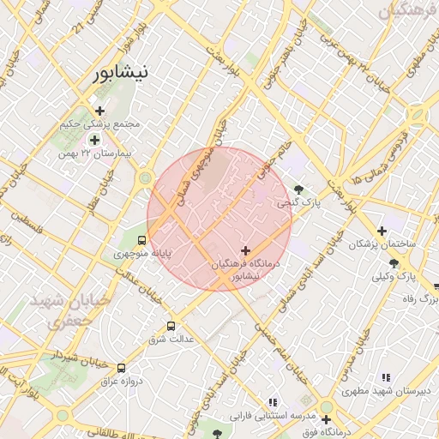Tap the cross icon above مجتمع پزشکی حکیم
tap(100, 111)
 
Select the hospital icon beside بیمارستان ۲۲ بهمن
tap(94, 140)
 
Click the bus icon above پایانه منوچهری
tap(141, 240)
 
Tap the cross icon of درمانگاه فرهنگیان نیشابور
tap(246, 251)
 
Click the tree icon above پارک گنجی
tap(298, 189)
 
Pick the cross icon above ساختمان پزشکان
tap(382, 230)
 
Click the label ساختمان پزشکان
tap(382, 244)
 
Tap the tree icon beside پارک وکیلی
tap(394, 262)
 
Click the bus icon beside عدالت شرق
tap(171, 326)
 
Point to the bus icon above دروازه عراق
tap(121, 367)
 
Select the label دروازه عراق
tap(121, 381)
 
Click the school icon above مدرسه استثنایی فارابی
tap(273, 402)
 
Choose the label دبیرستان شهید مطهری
tap(387, 392)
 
